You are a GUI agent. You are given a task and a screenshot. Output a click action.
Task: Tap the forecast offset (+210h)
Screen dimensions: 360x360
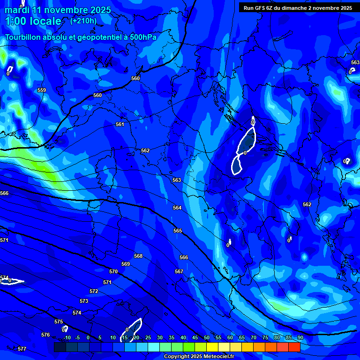pos(83,21)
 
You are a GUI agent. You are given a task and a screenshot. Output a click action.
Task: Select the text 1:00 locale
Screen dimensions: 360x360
pos(33,21)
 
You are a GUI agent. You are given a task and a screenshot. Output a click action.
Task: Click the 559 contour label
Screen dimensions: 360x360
pos(42,90)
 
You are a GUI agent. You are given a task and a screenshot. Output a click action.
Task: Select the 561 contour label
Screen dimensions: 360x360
pos(120,124)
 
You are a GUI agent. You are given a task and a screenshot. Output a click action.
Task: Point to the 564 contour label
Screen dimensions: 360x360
pos(177,208)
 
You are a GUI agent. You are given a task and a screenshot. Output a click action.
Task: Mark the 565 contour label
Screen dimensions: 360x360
pos(178,231)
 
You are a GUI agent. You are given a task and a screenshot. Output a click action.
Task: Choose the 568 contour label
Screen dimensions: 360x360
pos(138,256)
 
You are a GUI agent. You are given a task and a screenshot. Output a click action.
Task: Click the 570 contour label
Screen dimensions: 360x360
pos(113,271)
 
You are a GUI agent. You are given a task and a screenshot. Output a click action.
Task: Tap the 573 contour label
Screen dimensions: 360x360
pos(84,301)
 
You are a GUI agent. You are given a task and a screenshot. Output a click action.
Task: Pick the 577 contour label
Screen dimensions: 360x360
pos(22,349)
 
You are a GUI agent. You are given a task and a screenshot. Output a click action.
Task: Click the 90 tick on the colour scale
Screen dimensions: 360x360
pos(300,337)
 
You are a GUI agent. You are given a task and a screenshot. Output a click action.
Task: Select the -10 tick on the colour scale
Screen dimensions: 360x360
pos(67,337)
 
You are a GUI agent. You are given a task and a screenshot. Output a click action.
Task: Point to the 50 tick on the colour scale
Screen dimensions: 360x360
pos(207,337)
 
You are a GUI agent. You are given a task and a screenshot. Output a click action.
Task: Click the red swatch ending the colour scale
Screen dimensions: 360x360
pos(294,347)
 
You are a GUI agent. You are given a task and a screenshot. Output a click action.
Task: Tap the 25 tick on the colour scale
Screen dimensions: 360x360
pos(148,337)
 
